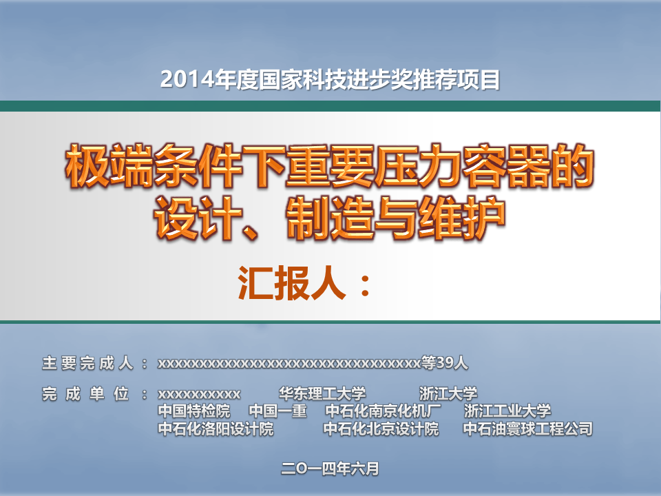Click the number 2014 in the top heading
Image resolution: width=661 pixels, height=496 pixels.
[x=187, y=80]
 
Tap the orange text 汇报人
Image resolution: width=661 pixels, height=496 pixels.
[x=292, y=283]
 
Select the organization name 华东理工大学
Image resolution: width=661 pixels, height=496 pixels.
[x=322, y=394]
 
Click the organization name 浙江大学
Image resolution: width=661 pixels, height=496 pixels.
[x=448, y=394]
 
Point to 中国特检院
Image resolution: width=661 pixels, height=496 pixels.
[x=194, y=411]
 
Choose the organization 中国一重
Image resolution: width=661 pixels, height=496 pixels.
[x=277, y=411]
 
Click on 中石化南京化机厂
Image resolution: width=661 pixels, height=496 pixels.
[x=383, y=411]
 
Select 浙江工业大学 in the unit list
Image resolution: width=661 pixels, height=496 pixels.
[x=507, y=411]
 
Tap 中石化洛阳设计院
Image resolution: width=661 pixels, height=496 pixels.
[x=216, y=429]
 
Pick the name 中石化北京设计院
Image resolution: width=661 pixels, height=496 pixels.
[x=381, y=429]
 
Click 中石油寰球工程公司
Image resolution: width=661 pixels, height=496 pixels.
[x=528, y=429]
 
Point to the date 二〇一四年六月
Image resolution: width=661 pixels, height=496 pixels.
[x=330, y=468]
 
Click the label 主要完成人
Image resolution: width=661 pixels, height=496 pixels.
[x=87, y=363]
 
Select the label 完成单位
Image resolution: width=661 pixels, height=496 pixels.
[x=85, y=394]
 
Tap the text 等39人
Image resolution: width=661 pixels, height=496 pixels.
[x=445, y=363]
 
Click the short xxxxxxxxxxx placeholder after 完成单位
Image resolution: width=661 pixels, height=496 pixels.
[x=200, y=395]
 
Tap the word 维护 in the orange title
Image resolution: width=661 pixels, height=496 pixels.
[x=461, y=218]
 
